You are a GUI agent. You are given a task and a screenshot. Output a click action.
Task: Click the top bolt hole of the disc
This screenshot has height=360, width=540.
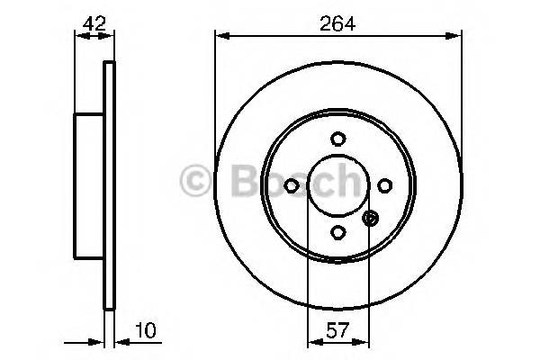(x=337, y=139)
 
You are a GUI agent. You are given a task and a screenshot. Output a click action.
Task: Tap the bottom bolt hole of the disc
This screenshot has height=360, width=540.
(x=337, y=231)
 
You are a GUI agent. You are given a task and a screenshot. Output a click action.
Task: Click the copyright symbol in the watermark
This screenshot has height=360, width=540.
(x=197, y=182)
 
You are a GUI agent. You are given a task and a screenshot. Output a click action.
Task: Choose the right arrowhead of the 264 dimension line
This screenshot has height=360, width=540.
(x=456, y=36)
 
